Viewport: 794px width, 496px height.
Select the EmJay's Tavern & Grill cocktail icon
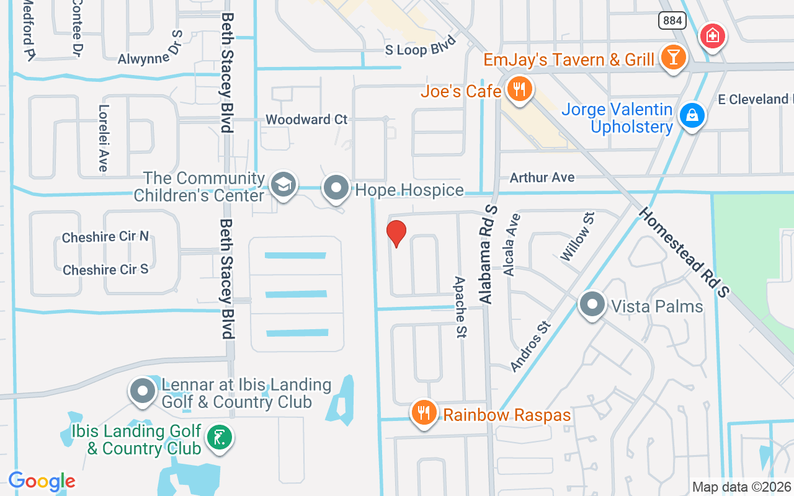(x=672, y=57)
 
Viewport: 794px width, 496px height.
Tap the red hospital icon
(x=713, y=36)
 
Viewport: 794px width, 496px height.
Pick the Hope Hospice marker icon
(x=337, y=187)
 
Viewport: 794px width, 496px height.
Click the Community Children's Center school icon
(x=283, y=185)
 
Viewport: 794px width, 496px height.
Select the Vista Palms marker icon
(x=592, y=305)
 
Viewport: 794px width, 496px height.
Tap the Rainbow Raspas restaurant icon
(x=424, y=412)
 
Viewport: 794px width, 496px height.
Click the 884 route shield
(x=672, y=20)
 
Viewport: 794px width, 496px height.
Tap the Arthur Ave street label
(x=542, y=177)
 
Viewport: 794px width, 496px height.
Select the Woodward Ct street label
(x=306, y=119)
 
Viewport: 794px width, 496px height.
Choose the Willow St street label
(x=578, y=236)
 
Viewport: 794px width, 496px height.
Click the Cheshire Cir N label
(x=105, y=237)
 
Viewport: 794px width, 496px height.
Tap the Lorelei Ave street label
(x=103, y=137)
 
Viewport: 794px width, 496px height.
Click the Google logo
(x=42, y=481)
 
